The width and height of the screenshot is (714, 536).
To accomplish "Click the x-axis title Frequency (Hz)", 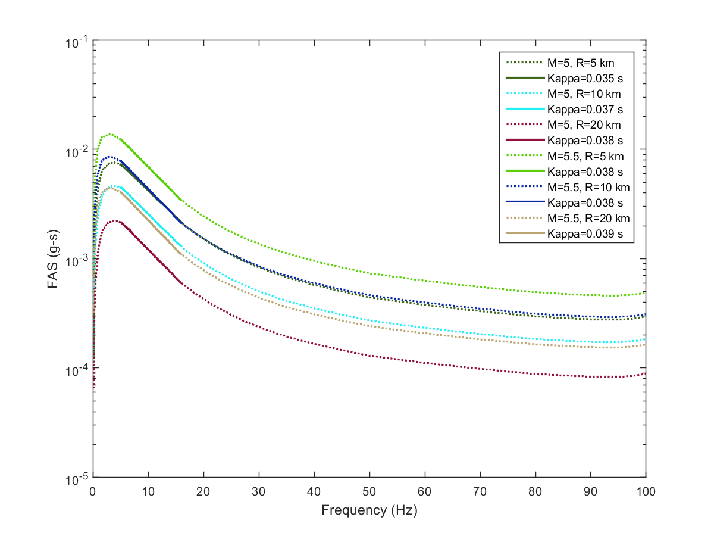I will [369, 510].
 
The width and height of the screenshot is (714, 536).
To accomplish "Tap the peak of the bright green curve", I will [109, 134].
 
